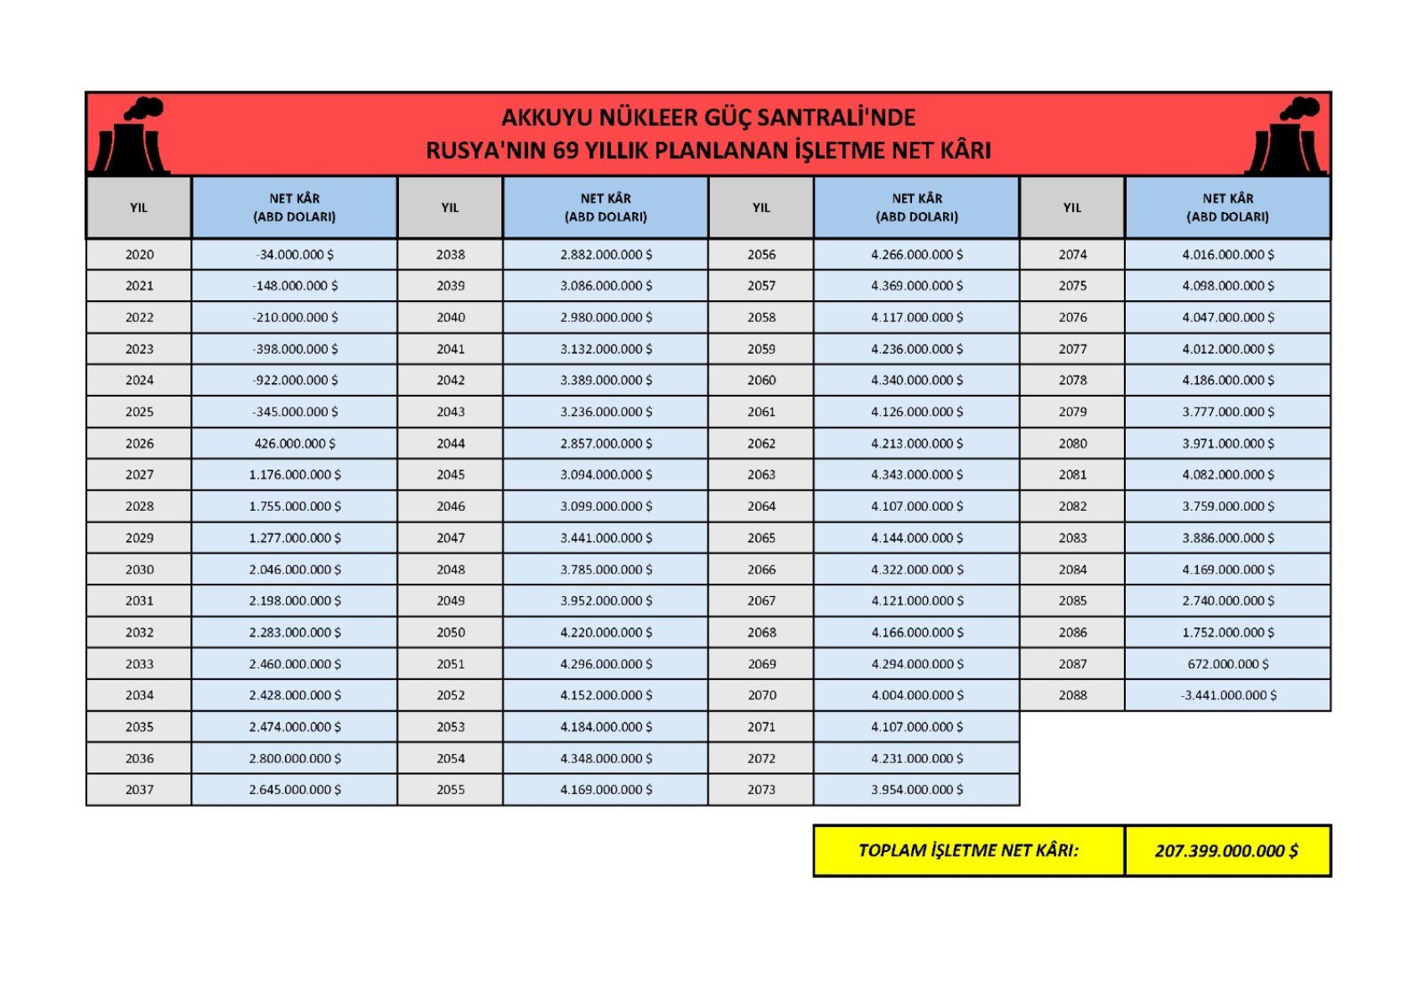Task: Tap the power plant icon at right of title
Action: [1287, 137]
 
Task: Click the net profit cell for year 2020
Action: [294, 255]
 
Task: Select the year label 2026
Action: [139, 444]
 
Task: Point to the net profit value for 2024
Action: [294, 381]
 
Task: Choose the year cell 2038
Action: [450, 255]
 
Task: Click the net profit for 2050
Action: [605, 632]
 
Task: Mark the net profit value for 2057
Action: [916, 286]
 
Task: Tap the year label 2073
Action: [761, 790]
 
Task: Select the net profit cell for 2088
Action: [1228, 695]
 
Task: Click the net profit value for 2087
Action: [1228, 664]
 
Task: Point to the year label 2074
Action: [1072, 255]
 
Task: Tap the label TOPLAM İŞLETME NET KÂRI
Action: [968, 851]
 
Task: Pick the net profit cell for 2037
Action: [294, 790]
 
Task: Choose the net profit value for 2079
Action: [1228, 412]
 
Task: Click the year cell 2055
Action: [450, 790]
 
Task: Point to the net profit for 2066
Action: [916, 569]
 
